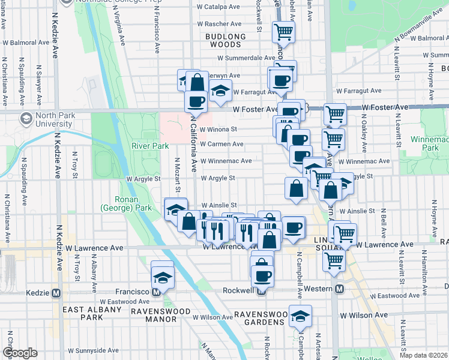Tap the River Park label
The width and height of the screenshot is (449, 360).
[150, 145]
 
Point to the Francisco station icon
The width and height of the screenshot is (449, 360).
[156, 292]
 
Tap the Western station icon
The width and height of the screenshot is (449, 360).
[339, 289]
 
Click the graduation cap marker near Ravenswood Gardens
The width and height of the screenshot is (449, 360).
[300, 316]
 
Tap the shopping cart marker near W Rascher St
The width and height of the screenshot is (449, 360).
[283, 31]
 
